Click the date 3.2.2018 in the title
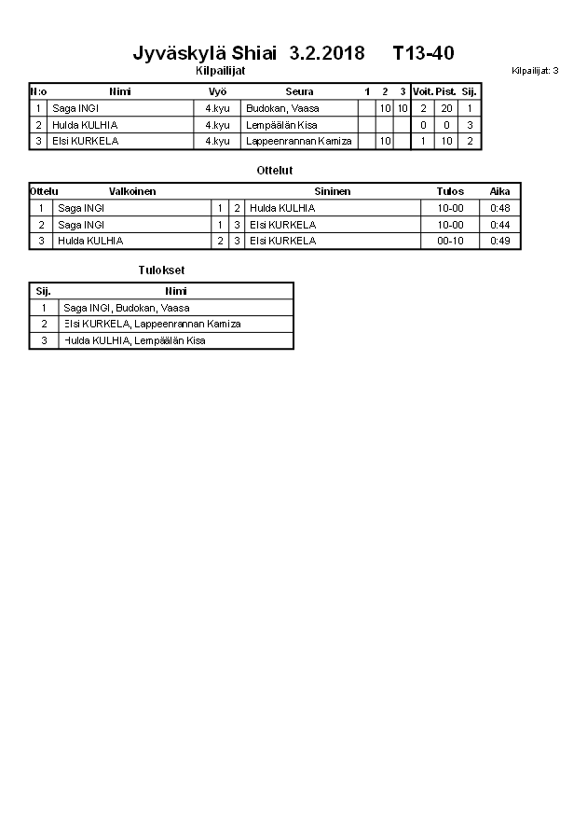pos(327,53)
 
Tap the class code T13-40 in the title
pos(423,53)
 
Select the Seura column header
pos(299,92)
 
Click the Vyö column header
pos(217,92)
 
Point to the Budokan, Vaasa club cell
pos(282,108)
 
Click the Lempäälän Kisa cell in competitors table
pos(281,125)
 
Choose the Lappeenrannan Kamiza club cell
pos(298,141)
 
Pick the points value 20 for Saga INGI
pos(445,108)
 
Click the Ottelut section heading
pos(274,170)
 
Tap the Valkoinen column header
pos(132,191)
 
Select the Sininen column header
pos(332,191)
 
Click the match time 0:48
pos(500,208)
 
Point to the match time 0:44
pos(500,225)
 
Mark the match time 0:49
pos(500,241)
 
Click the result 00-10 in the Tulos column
pos(450,241)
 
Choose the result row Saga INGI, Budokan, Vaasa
pos(127,308)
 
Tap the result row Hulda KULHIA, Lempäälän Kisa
pos(134,341)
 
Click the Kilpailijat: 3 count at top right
pos(535,71)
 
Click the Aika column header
pos(500,191)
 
